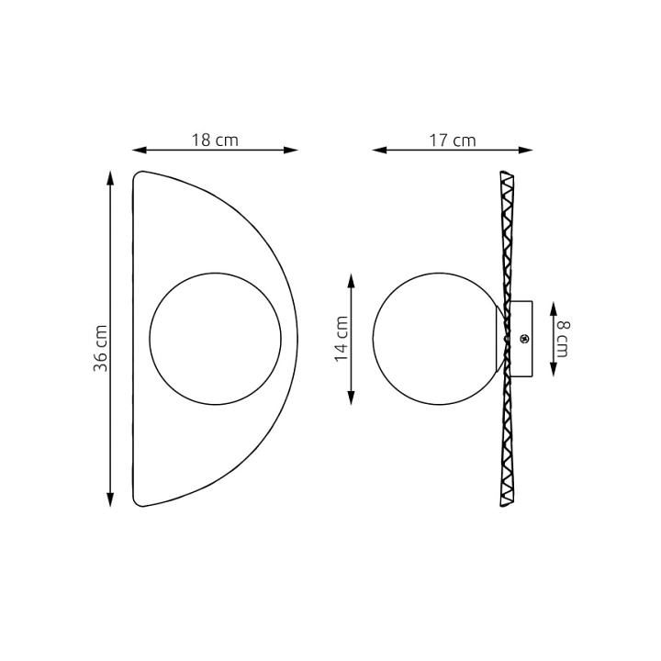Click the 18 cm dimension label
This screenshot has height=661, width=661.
click(215, 140)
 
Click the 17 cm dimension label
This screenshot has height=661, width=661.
click(453, 140)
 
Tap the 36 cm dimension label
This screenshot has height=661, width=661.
click(100, 348)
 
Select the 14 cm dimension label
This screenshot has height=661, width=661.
click(341, 339)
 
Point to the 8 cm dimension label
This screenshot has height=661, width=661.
click(563, 339)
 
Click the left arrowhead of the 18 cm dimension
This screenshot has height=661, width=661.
click(140, 150)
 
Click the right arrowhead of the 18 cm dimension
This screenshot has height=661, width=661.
click(291, 150)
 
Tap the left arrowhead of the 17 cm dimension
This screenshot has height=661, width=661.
click(379, 150)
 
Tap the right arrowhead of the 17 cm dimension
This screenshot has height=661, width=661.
click(526, 150)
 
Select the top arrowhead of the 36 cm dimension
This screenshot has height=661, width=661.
click(110, 178)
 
